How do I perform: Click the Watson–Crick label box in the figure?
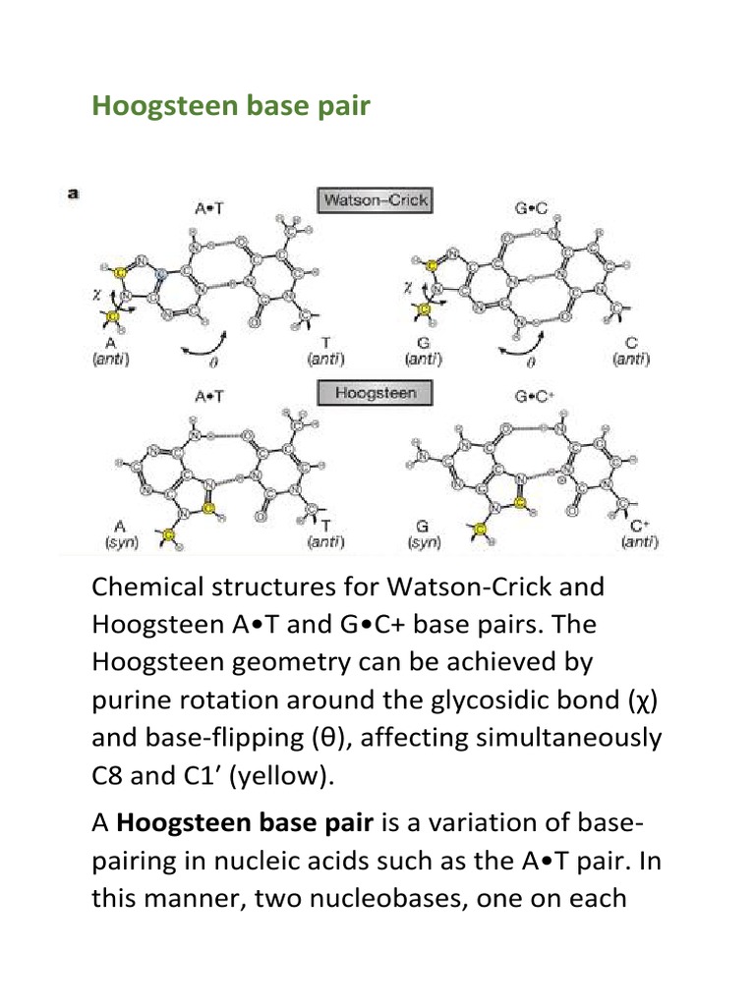pos(375,200)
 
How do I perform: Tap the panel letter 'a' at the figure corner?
pos(72,194)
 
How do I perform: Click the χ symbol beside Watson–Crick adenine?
pos(96,292)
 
